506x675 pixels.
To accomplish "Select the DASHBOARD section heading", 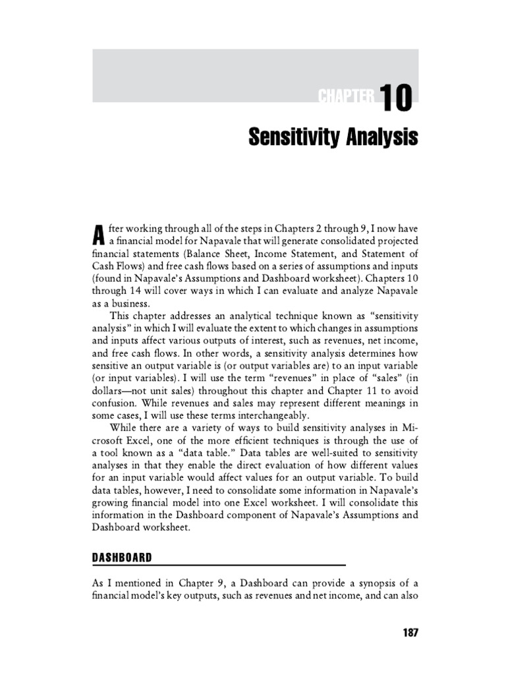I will [x=122, y=557].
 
